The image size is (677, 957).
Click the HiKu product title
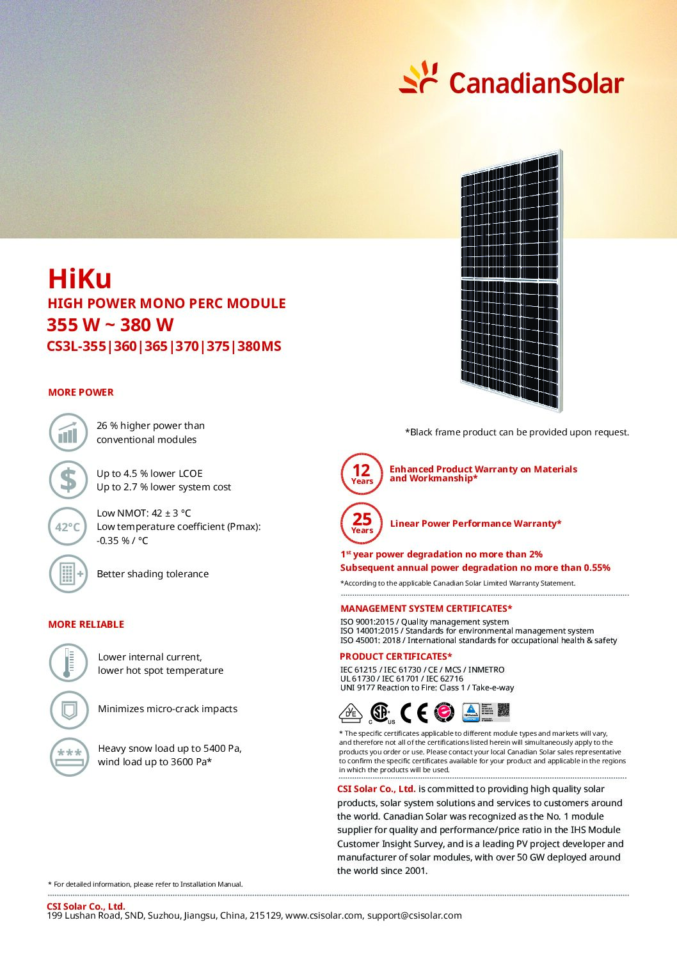point(80,279)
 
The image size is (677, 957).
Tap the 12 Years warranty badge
point(362,474)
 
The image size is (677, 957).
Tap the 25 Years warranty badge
point(362,523)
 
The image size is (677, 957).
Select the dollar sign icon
point(68,479)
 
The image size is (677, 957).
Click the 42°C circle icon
point(68,527)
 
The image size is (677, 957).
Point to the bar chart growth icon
point(68,432)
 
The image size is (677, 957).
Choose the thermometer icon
point(68,662)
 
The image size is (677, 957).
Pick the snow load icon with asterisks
point(69,756)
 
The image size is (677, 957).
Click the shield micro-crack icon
point(68,710)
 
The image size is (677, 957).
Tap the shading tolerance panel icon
point(68,573)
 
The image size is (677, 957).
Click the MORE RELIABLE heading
point(86,625)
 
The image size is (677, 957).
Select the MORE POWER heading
point(81,393)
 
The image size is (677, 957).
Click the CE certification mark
point(413,712)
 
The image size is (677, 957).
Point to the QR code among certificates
point(504,711)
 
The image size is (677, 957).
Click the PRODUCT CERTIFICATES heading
point(395,657)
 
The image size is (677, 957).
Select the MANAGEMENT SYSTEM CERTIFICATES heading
point(426,609)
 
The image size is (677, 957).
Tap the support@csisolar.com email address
point(414,915)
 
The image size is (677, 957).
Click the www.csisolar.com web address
point(324,915)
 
